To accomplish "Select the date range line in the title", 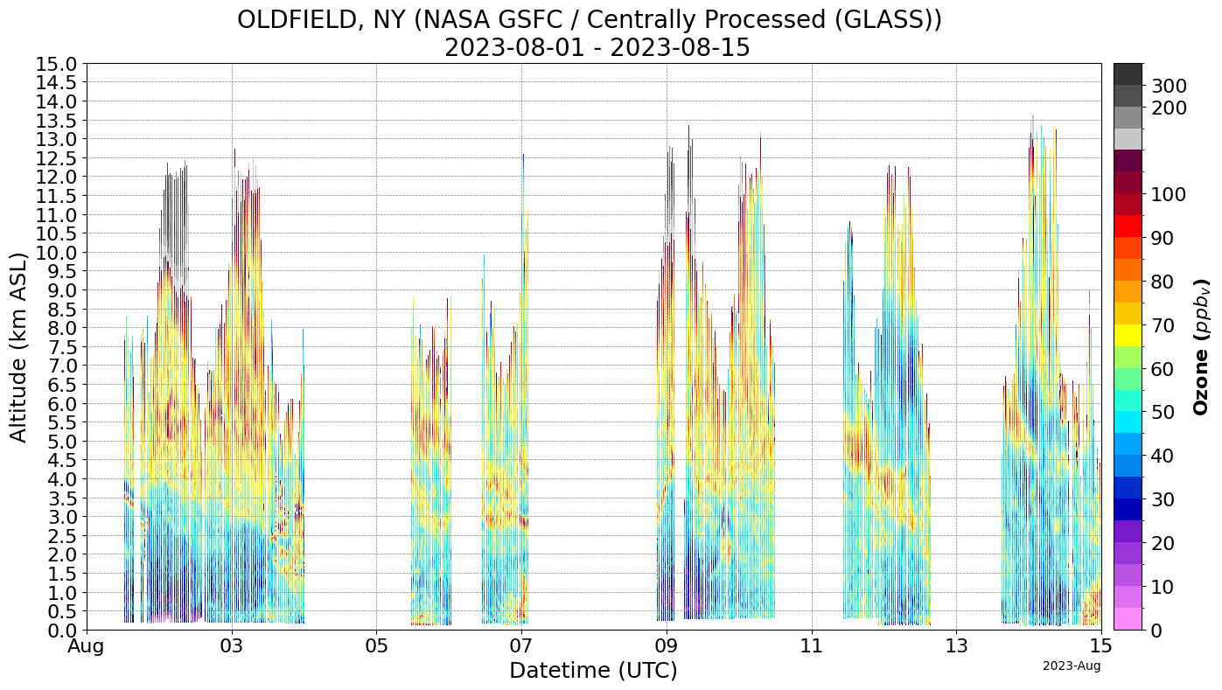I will pos(597,47).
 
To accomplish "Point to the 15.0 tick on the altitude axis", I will pos(56,64).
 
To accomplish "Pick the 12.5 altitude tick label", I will pos(56,158).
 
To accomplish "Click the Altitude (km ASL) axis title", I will pos(18,346).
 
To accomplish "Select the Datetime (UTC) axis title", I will pos(593,671).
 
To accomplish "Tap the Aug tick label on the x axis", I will pos(87,648).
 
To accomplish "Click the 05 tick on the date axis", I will pos(376,648).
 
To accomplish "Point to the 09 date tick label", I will pos(667,648).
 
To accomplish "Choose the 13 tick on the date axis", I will pos(956,648).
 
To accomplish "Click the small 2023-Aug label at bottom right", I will pos(1071,666).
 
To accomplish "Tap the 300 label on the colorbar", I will pos(1169,86).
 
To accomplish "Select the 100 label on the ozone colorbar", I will pos(1169,194).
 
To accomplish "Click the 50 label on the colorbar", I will pos(1163,412).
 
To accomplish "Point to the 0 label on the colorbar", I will pos(1157,630).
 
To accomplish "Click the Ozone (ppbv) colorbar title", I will pos(1203,346).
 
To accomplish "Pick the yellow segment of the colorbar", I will pos(1128,335).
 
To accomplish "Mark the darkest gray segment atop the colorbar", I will pos(1128,73).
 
